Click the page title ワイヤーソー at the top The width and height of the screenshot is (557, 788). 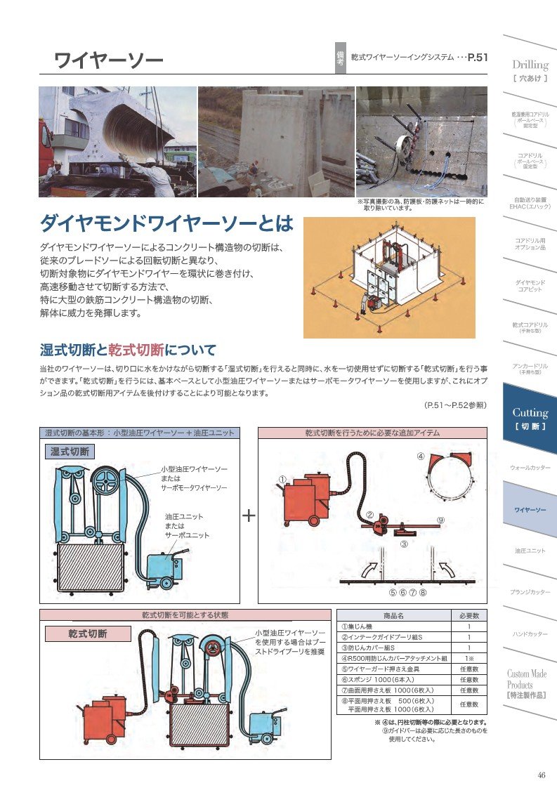click(x=108, y=60)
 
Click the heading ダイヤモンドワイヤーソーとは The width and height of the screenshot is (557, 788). click(x=166, y=224)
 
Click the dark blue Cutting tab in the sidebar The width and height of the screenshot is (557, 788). click(x=530, y=418)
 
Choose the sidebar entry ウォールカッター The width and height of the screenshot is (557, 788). click(x=530, y=467)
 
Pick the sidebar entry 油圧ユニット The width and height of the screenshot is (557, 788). click(x=530, y=551)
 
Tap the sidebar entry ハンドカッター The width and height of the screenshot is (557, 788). click(x=530, y=634)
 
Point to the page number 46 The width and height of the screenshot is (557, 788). click(x=541, y=775)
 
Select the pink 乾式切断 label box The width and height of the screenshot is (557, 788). click(x=88, y=633)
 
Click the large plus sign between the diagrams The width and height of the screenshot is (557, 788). click(x=249, y=516)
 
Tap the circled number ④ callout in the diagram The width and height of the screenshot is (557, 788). click(x=420, y=456)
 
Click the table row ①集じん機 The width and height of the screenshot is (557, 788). click(x=393, y=626)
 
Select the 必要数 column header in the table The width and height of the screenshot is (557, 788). click(x=468, y=616)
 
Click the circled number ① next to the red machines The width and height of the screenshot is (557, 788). click(x=282, y=479)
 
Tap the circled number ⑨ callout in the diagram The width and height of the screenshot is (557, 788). click(x=440, y=520)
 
